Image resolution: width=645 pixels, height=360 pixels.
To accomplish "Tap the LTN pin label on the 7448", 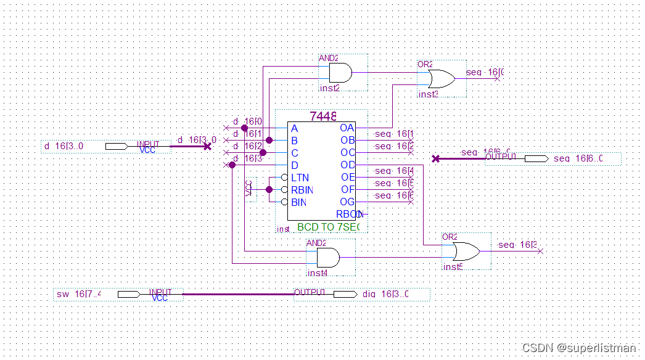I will (x=300, y=178).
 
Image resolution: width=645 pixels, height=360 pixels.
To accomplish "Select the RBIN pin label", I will (x=302, y=190).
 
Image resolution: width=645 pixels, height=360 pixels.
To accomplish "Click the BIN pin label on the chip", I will (x=298, y=202).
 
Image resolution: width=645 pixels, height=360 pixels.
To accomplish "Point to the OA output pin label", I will (x=347, y=128).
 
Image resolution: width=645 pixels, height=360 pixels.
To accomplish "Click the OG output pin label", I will (x=347, y=202).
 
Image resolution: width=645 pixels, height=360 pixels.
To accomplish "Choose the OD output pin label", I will (x=347, y=165).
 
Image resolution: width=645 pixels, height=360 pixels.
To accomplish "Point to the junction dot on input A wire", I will (x=244, y=128).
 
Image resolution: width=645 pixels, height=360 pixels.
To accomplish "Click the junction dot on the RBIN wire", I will (x=269, y=189).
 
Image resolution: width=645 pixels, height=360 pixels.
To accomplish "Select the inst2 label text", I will (x=329, y=88).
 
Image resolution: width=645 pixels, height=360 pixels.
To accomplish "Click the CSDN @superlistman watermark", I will (x=578, y=348).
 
